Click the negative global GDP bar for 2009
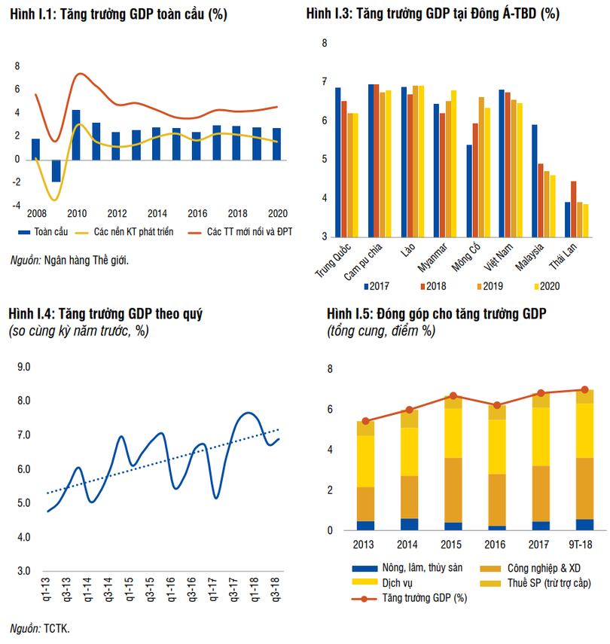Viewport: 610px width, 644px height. tap(56, 170)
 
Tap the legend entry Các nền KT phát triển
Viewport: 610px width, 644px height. tap(134, 232)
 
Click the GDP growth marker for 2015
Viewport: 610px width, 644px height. tap(453, 396)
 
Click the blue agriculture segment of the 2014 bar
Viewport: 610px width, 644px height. tap(410, 524)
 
